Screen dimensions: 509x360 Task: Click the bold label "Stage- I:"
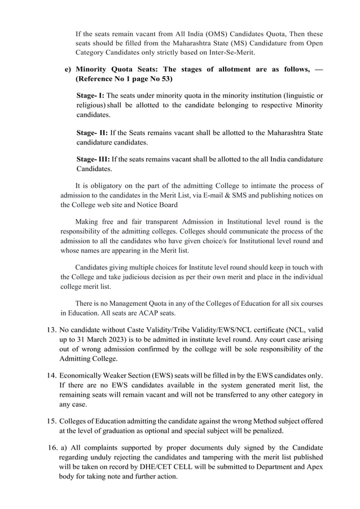pyautogui.click(x=90, y=95)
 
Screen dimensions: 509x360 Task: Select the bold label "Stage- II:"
pyautogui.click(x=92, y=133)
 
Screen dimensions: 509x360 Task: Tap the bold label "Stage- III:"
pyautogui.click(x=94, y=160)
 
